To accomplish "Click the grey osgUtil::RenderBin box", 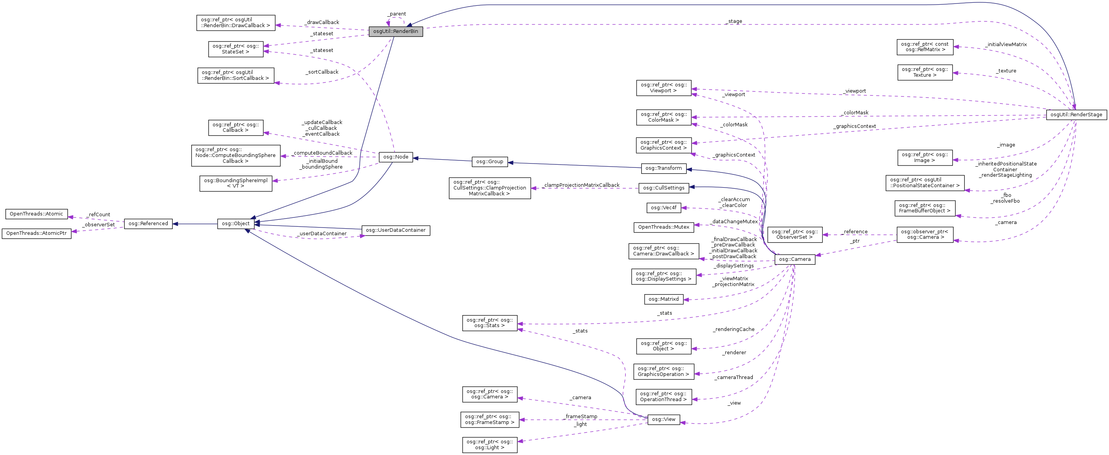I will pos(396,31).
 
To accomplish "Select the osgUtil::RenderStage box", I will pos(1076,115).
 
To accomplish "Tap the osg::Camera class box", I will pos(794,259).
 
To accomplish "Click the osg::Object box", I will pos(235,224).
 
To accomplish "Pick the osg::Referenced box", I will pos(148,224).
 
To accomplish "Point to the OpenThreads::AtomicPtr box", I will pos(37,234).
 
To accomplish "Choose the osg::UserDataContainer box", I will pos(395,230).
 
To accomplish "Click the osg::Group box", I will pos(489,162).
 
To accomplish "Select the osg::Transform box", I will pos(663,168).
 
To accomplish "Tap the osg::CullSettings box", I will pos(663,188).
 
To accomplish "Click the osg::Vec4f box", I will pos(663,208).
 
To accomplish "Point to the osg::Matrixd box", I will pos(663,299).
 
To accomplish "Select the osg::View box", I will pos(663,419).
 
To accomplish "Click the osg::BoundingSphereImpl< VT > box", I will pos(235,183).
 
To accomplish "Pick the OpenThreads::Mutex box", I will pos(663,227).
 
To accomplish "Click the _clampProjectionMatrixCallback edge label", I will pos(581,185).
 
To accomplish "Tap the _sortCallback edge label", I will pos(323,72).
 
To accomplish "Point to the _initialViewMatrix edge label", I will pos(1006,45).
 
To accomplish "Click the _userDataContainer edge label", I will pos(322,234).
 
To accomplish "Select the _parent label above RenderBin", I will pos(397,14).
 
